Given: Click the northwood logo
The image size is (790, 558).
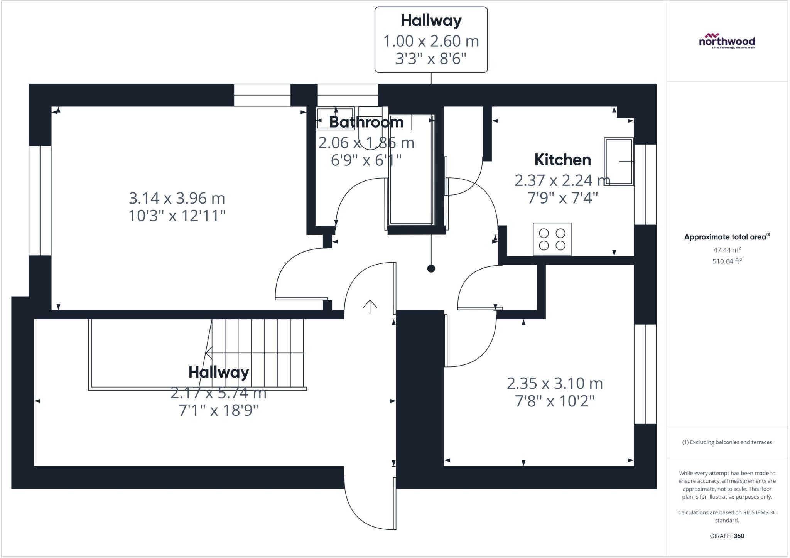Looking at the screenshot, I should (727, 41).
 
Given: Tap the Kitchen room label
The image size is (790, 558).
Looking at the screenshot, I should (562, 160).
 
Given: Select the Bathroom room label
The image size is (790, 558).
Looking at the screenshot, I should (366, 122).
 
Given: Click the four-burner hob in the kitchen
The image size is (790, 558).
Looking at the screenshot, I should (552, 239).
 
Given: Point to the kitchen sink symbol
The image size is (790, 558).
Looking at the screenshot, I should (618, 162).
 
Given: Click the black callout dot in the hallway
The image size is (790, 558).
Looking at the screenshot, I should (431, 269).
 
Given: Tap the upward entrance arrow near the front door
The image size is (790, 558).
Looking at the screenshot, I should (370, 306).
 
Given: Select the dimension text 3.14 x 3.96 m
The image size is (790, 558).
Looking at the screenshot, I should (177, 198).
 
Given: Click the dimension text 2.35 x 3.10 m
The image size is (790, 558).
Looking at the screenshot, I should (554, 383).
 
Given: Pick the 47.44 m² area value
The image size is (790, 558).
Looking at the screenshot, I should (727, 250).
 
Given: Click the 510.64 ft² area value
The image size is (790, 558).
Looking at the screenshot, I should (727, 261).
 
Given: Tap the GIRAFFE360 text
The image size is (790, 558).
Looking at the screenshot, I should (727, 536).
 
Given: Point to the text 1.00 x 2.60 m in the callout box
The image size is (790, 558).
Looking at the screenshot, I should (431, 41).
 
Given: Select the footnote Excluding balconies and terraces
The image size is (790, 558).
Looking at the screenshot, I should (727, 442).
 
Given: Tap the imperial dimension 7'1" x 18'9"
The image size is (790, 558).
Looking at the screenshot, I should (218, 410).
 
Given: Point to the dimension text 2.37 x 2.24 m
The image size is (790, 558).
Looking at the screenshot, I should (562, 180).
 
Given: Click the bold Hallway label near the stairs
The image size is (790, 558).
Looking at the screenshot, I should (218, 372).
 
